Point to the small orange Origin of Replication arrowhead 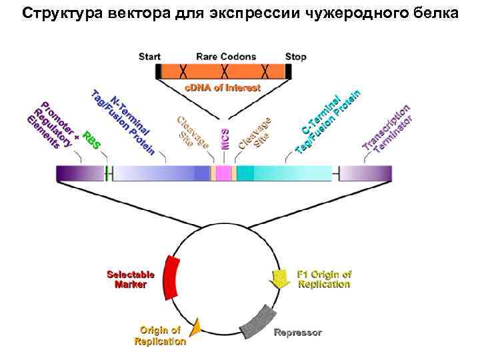tap(196, 327)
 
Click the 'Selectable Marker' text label tap(131, 279)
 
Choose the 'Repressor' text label tap(298, 332)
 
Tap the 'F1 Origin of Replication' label tap(325, 279)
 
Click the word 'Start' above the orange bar tap(149, 57)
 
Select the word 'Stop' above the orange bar tap(295, 57)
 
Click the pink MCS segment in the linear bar tap(223, 173)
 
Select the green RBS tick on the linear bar tap(107, 173)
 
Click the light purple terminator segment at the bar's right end tap(366, 173)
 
